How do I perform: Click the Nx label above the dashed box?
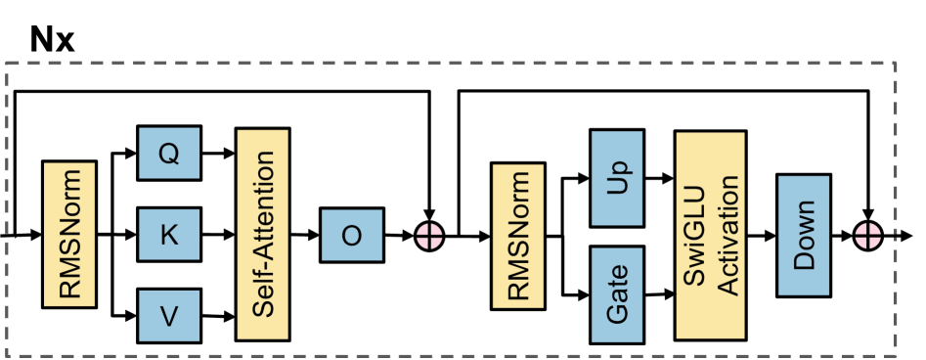point(52,39)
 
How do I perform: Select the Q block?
point(168,154)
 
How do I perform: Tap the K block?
point(168,235)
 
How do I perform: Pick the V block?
point(168,316)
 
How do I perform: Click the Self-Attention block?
point(263,235)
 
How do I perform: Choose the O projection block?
point(352,235)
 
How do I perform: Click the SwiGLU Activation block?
point(713,236)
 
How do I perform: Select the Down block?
point(804,236)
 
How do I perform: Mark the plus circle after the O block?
point(430,236)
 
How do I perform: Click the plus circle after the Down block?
point(868,236)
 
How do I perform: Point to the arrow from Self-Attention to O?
point(306,235)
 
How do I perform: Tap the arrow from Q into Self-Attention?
point(217,153)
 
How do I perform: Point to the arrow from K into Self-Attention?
point(217,235)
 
